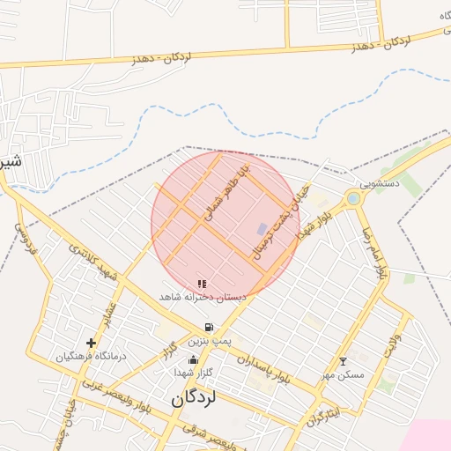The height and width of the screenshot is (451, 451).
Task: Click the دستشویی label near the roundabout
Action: (x=380, y=184)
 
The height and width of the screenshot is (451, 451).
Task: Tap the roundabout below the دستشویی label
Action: (x=353, y=198)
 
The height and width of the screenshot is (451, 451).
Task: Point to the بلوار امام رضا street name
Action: (x=371, y=252)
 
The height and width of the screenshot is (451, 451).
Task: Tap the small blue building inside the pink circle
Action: (x=262, y=229)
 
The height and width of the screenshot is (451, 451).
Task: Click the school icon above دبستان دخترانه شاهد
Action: (x=202, y=284)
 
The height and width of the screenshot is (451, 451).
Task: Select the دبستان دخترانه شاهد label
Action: (x=203, y=298)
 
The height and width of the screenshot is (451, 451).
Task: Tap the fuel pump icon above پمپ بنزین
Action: (x=209, y=327)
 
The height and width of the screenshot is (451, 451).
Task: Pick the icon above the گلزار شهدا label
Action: (x=194, y=359)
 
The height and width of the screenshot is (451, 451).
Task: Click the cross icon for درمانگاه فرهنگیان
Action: (x=91, y=343)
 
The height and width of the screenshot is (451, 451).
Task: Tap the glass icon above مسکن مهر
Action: (x=343, y=361)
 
